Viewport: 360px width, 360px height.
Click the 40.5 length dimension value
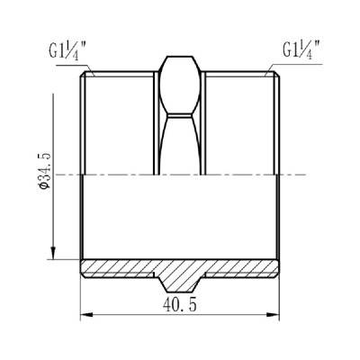(181, 306)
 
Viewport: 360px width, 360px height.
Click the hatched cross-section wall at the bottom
(117, 268)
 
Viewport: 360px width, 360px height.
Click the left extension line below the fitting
(82, 297)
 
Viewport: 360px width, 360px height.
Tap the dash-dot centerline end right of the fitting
(301, 175)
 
